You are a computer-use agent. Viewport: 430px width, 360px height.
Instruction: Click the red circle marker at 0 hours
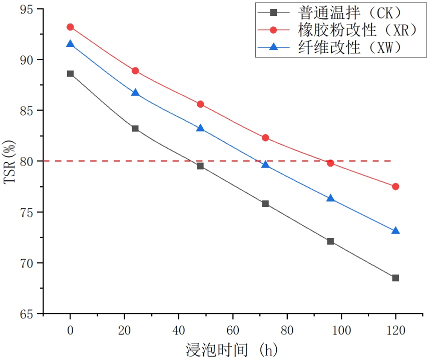(70, 27)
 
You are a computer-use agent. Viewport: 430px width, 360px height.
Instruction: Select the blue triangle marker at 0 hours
(70, 44)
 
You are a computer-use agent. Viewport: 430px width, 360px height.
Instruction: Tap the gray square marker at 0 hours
(70, 73)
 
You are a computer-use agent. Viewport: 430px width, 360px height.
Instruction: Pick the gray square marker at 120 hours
(395, 278)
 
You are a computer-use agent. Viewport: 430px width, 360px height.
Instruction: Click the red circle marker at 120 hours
(395, 186)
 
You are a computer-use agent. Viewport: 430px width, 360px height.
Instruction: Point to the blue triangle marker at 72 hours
(265, 164)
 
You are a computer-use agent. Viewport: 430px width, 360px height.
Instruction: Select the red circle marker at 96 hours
(330, 163)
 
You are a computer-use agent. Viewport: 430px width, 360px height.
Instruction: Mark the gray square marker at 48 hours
(200, 166)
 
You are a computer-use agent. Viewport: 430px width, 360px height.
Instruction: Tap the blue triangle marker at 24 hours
(135, 93)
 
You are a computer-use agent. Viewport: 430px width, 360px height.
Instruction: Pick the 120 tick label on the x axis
(395, 330)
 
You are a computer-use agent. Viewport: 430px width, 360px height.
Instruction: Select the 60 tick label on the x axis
(233, 330)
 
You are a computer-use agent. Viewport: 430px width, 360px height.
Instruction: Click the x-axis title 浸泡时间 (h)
(232, 349)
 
